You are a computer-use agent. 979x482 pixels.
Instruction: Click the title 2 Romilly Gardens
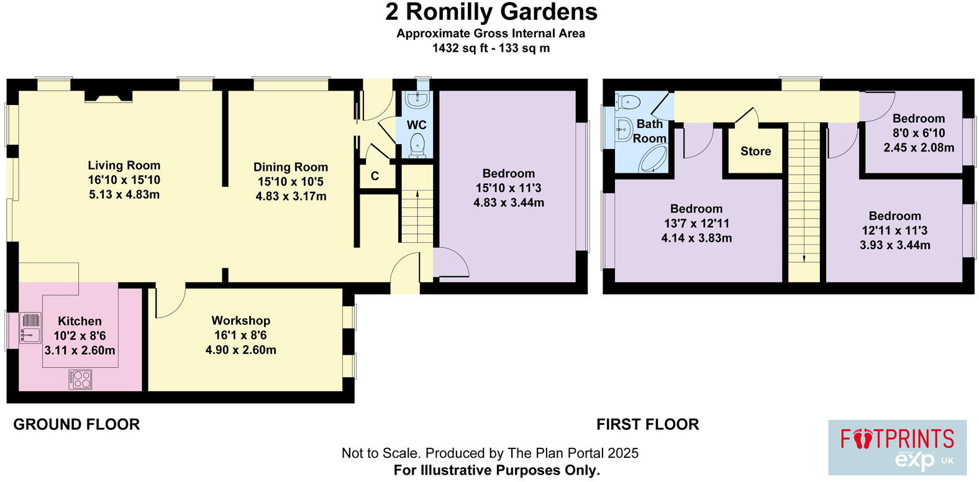491,12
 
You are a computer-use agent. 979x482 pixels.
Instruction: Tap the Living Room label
124,165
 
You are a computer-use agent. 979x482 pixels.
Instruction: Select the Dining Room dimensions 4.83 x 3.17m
291,196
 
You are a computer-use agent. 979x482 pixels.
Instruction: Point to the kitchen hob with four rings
81,379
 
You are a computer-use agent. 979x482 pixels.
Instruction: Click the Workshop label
240,321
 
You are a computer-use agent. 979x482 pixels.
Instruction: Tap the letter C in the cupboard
375,176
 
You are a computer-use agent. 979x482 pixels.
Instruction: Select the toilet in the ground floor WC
418,145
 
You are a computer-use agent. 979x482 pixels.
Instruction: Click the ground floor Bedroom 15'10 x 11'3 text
508,188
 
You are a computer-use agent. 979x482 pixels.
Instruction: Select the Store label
755,151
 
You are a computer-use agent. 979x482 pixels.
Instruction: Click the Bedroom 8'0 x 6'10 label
918,119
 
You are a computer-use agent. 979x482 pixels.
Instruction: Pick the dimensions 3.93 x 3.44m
895,245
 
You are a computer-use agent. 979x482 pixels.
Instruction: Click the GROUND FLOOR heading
76,424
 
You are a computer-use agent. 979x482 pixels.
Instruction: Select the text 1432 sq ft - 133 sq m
491,48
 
